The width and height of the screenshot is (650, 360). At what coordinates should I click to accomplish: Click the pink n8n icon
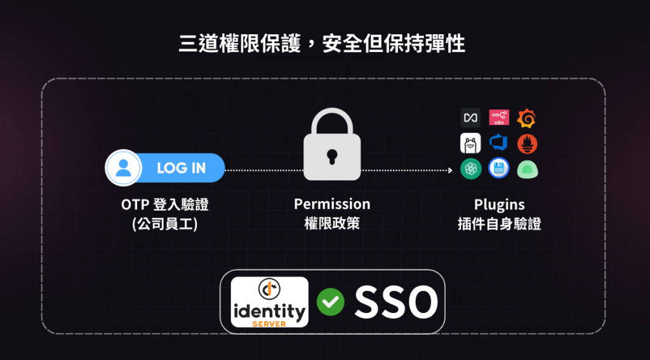pyautogui.click(x=499, y=117)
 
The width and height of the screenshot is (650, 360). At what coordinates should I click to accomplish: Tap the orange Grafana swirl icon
pyautogui.click(x=527, y=117)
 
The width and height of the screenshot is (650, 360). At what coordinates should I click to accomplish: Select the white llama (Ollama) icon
pyautogui.click(x=470, y=143)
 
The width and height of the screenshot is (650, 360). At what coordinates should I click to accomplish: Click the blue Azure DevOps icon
pyautogui.click(x=499, y=143)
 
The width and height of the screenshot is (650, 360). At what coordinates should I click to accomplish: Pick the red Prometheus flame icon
pyautogui.click(x=527, y=143)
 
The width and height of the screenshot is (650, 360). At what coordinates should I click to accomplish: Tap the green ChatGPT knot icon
pyautogui.click(x=470, y=168)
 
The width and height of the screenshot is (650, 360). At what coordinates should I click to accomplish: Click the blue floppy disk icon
pyautogui.click(x=499, y=168)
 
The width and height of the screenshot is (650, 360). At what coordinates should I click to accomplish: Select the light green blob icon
pyautogui.click(x=527, y=169)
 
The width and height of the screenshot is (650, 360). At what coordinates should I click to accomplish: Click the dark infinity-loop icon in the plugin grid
pyautogui.click(x=470, y=117)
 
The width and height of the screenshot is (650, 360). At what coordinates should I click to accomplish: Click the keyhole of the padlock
pyautogui.click(x=332, y=156)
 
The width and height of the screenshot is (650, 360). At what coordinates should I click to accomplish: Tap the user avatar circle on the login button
pyautogui.click(x=124, y=168)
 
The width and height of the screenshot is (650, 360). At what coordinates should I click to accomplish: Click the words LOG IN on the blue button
pyautogui.click(x=182, y=168)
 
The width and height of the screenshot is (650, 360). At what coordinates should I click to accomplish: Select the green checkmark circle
pyautogui.click(x=331, y=302)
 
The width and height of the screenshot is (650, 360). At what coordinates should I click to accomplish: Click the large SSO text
pyautogui.click(x=396, y=302)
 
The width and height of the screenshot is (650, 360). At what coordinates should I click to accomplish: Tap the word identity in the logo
pyautogui.click(x=269, y=311)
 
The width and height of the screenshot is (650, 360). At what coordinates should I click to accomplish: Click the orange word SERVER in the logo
pyautogui.click(x=269, y=324)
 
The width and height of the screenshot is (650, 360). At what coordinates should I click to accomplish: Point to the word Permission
pyautogui.click(x=332, y=204)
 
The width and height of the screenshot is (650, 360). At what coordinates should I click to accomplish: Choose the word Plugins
pyautogui.click(x=500, y=204)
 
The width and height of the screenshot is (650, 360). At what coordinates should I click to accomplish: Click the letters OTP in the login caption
pyautogui.click(x=135, y=204)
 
